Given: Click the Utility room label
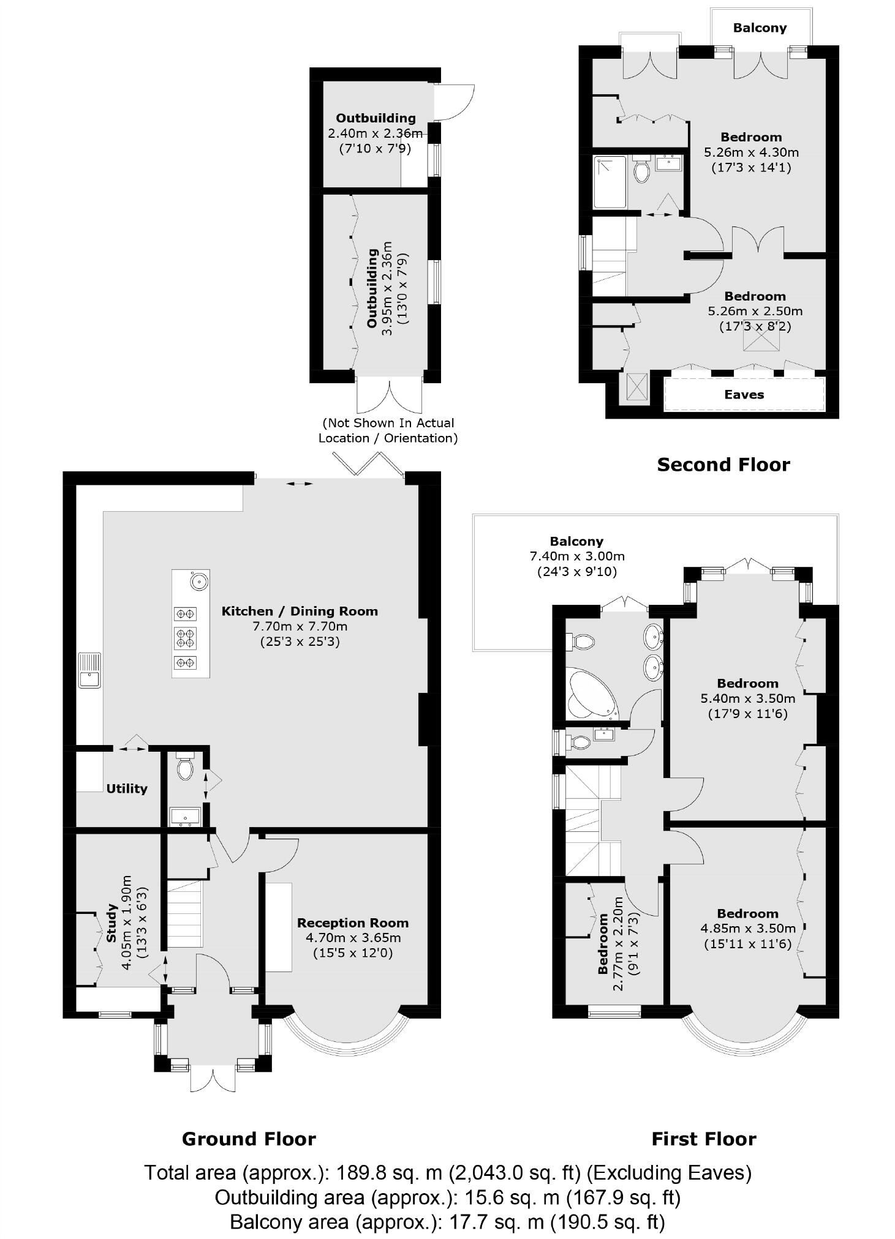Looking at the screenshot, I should [127, 788].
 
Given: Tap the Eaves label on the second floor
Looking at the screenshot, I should [744, 395].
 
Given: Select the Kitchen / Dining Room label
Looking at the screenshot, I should [299, 611].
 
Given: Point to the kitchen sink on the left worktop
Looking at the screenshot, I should [89, 671].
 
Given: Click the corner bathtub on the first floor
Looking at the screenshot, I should [589, 695].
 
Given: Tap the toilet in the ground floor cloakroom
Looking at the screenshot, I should [185, 768].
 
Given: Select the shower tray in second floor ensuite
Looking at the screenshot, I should [610, 182].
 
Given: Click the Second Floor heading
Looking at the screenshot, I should [723, 465].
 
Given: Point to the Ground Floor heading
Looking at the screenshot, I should [249, 1139].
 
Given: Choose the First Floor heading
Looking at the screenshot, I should [703, 1139].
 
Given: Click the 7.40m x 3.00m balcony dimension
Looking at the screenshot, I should [576, 556].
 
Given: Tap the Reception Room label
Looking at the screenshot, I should [352, 923].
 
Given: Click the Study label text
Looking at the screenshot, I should [111, 923].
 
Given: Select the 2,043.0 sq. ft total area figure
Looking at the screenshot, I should [515, 1172].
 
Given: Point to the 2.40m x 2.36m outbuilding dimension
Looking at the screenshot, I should [375, 133].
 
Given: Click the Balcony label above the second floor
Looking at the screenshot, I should [760, 28].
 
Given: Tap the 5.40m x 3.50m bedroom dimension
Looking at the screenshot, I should [747, 698].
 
